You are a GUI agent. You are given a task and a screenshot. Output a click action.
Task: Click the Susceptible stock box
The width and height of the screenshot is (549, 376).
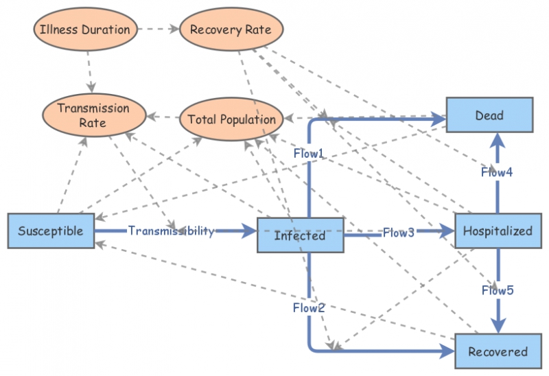point(50,231)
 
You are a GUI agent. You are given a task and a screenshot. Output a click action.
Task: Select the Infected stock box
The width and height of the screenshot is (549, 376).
point(300,235)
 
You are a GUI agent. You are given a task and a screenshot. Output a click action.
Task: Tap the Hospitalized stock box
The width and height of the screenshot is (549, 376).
point(497,231)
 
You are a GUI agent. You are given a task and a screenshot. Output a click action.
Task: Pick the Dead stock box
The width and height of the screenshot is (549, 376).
point(489,115)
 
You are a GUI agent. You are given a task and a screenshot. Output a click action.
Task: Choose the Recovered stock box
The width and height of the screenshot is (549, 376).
point(498,352)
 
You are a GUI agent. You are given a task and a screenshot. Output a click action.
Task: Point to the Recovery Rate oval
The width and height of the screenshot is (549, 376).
point(230,30)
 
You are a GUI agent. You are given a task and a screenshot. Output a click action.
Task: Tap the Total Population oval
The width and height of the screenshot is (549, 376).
point(231,119)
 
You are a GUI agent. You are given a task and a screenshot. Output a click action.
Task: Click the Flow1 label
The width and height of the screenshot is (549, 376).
point(309,154)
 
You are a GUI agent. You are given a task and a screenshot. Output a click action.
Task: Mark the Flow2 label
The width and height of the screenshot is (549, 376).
point(309,307)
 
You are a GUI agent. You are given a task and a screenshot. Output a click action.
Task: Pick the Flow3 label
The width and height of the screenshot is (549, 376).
point(399,232)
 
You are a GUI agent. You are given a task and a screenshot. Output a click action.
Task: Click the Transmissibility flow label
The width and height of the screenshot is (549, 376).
point(172,231)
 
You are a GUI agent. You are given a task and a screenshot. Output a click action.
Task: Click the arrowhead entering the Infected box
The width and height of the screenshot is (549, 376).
point(249,231)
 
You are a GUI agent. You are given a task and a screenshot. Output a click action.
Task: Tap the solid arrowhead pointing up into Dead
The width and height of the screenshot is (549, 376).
point(498,140)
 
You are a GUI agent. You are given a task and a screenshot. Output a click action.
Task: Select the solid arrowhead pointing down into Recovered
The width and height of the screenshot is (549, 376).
point(498,328)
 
